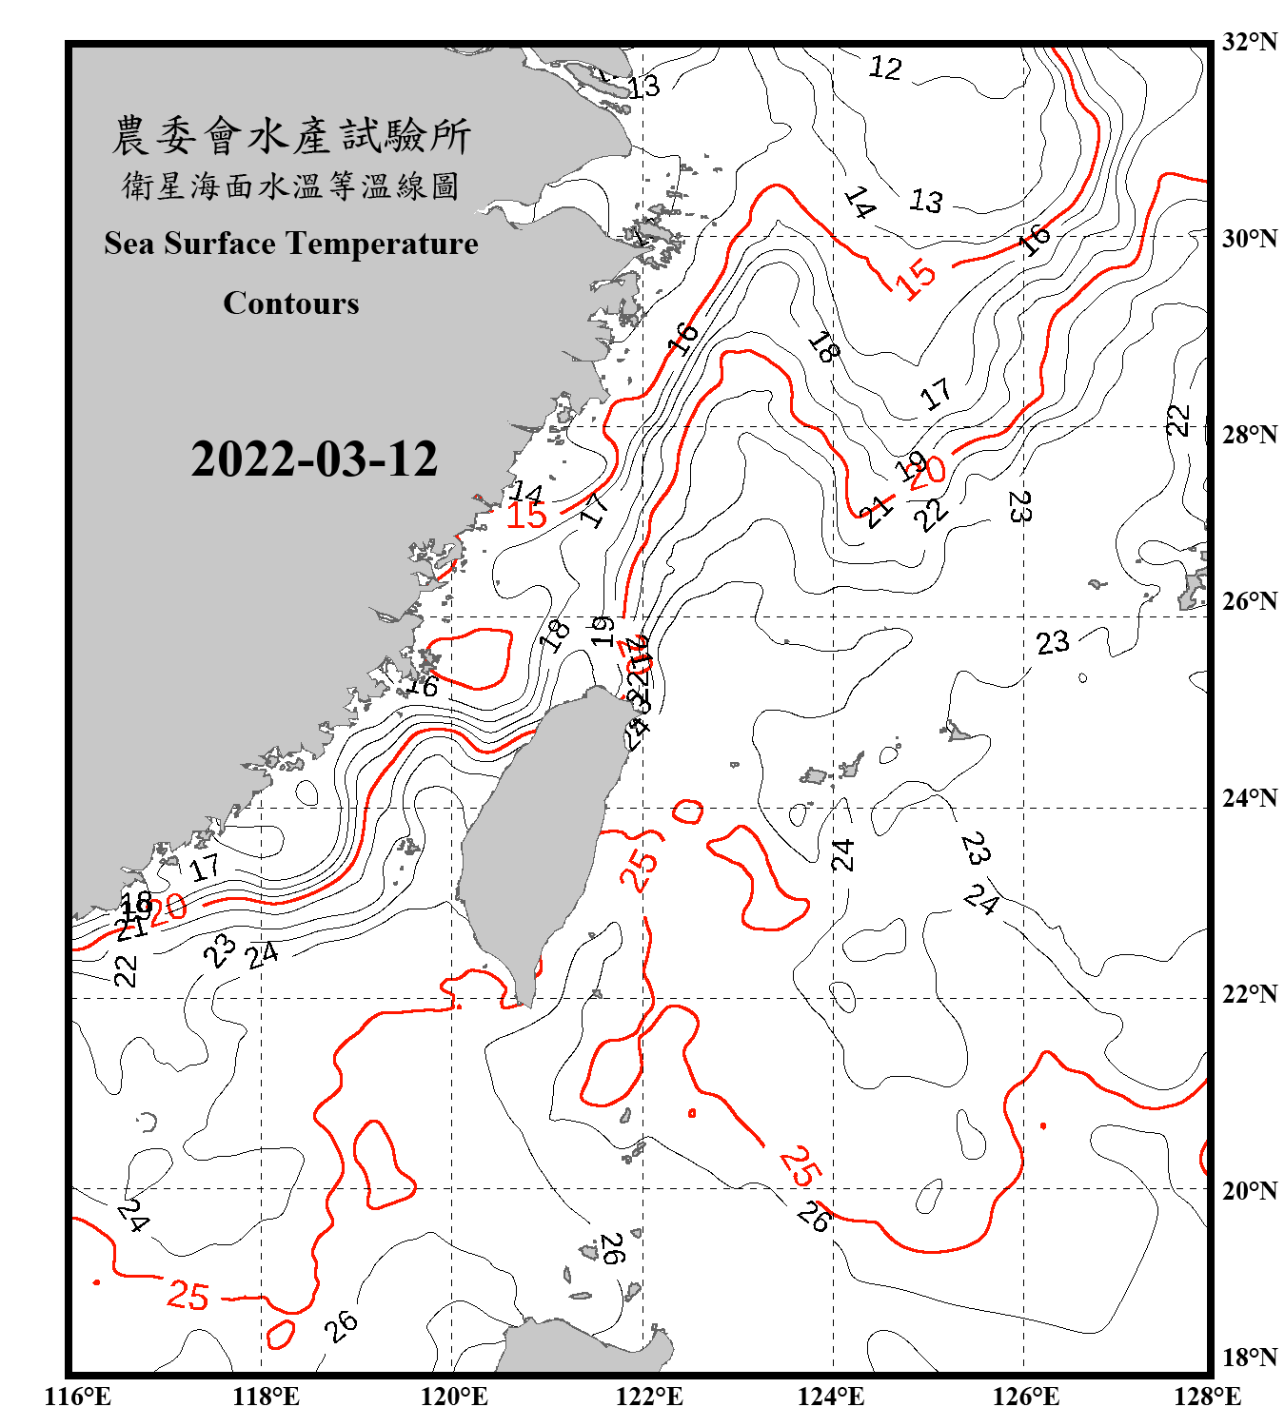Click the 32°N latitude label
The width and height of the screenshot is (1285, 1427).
point(1249,42)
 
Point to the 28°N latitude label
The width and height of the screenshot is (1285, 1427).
point(1249,435)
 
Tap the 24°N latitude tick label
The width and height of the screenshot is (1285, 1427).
point(1249,798)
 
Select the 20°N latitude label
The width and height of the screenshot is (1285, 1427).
point(1249,1190)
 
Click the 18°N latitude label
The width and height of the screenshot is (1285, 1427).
point(1249,1358)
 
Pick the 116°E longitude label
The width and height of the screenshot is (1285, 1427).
point(77,1397)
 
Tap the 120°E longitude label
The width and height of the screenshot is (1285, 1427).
point(454,1397)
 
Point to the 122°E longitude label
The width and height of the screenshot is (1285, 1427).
point(649,1397)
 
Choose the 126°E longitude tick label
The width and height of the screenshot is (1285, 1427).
point(1025,1397)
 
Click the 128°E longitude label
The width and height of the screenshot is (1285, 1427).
point(1207,1397)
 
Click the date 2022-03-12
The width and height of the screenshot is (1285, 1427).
point(314,459)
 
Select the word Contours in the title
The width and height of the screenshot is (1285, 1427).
point(291,303)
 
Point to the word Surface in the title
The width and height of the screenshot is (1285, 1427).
point(219,244)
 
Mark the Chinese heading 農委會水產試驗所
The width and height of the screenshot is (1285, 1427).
point(291,136)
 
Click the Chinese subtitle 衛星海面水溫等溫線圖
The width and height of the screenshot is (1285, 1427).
point(291,186)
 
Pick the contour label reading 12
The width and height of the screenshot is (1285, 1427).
point(885,68)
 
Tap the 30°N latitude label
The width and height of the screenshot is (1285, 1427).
point(1249,239)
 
